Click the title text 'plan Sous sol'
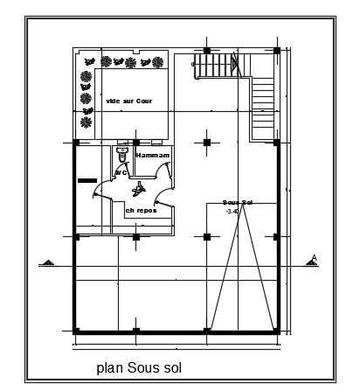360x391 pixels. click(x=138, y=366)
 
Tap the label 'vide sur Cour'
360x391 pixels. click(x=128, y=101)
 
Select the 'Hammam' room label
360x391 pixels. click(x=151, y=156)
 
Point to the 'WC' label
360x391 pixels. click(x=121, y=172)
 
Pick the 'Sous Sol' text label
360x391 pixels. click(x=238, y=202)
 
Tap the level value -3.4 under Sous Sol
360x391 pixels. click(x=232, y=211)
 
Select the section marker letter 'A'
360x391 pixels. click(x=313, y=256)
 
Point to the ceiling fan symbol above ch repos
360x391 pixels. click(x=140, y=186)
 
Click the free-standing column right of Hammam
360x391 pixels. click(x=207, y=143)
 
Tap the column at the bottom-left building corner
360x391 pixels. click(x=76, y=331)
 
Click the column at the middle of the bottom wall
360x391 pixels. click(x=207, y=331)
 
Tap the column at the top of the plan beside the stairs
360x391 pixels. click(x=207, y=49)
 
